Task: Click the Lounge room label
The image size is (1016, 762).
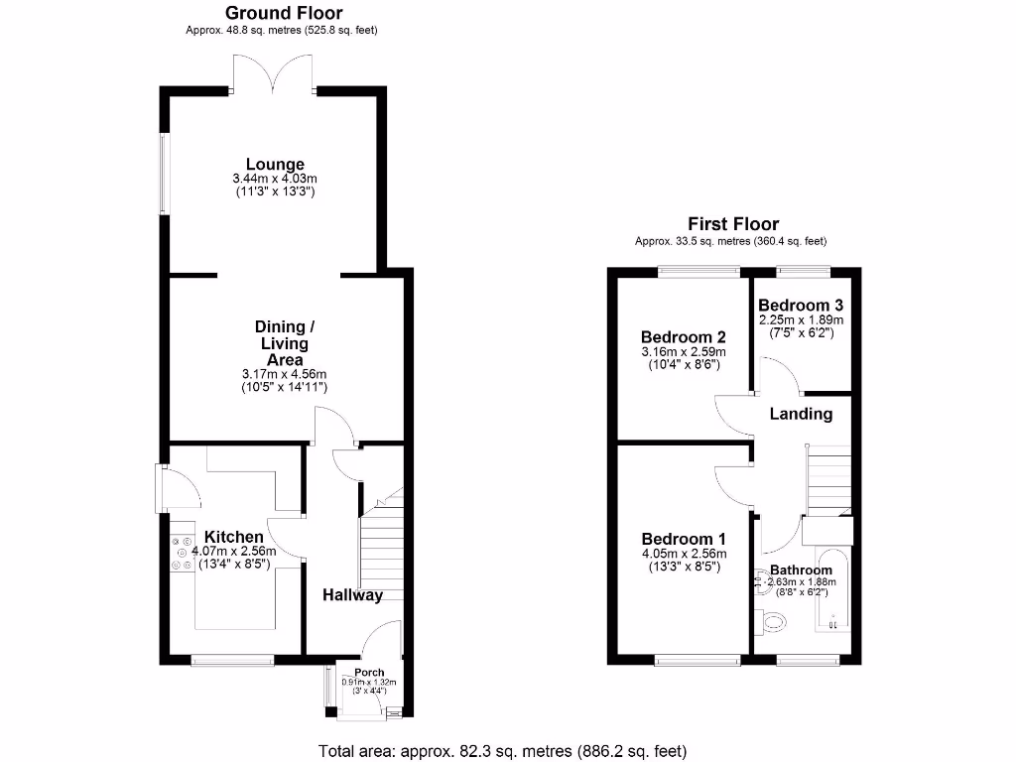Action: coord(275,165)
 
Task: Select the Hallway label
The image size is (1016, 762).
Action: coord(352,595)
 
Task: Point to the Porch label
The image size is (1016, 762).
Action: coord(368,673)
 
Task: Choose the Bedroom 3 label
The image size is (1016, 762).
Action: coord(801,306)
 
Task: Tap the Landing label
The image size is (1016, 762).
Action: coord(801,414)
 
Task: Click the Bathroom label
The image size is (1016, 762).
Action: coord(801,570)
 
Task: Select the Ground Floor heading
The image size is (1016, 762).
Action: coord(284,13)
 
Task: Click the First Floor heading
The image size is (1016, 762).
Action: coord(733,224)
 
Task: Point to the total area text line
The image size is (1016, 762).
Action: coord(502,751)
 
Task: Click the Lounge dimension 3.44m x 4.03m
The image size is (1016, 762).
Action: coord(274,179)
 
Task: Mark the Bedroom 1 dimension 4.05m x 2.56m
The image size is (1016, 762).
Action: coord(684,554)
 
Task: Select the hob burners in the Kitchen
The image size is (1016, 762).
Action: coord(182,554)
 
